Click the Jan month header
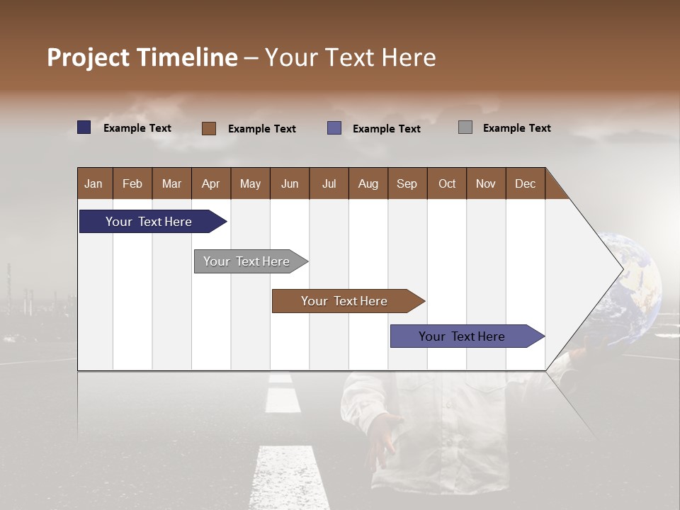94,183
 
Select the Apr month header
211,183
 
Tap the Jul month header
329,183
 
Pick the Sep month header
407,183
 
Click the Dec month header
525,183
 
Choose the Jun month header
290,183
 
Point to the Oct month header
447,183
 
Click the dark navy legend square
84,127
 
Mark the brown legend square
209,128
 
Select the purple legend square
334,128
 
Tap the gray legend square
465,127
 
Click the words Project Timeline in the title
142,57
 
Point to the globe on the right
634,283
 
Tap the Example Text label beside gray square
516,128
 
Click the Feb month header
132,183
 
